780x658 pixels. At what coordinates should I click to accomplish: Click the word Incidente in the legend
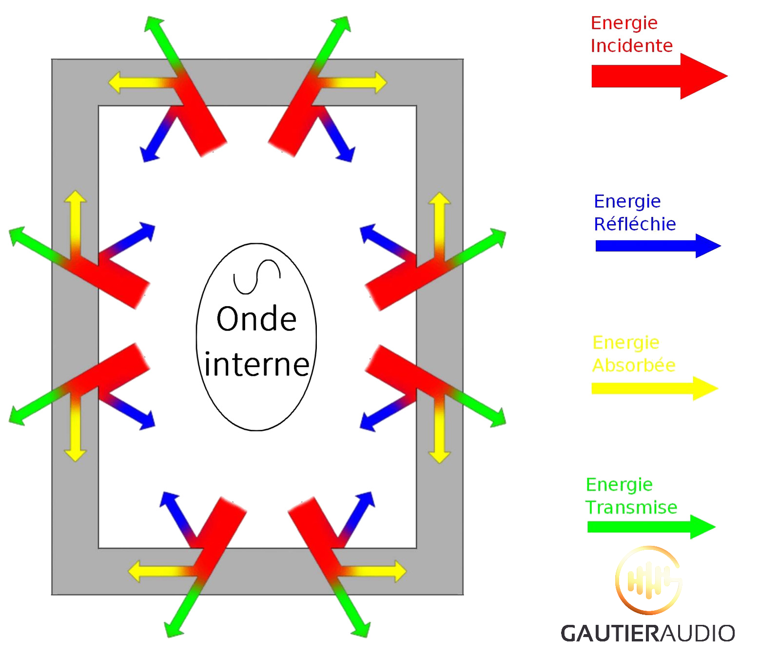[631, 46]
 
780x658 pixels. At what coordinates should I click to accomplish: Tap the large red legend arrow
[658, 77]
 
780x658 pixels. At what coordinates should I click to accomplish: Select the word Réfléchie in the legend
[635, 224]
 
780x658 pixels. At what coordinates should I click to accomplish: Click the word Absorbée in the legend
[634, 366]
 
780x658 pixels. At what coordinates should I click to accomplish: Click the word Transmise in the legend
[631, 507]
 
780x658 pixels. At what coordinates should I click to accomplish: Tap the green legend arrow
[651, 527]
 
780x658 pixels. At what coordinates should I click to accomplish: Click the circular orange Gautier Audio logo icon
[648, 580]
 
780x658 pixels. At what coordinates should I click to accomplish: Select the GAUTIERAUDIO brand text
[647, 633]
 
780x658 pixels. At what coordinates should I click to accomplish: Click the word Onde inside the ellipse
[256, 319]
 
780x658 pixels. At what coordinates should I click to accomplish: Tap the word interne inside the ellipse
[257, 365]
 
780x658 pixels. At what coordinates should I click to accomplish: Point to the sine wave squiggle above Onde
[257, 277]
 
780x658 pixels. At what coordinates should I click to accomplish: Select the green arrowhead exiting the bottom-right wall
[361, 629]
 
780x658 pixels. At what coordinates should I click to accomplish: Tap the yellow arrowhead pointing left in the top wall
[115, 82]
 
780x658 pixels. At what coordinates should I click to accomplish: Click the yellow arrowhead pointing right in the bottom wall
[399, 571]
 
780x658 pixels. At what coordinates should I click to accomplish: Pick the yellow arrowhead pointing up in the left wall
[75, 197]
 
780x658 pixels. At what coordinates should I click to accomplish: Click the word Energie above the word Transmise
[619, 484]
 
